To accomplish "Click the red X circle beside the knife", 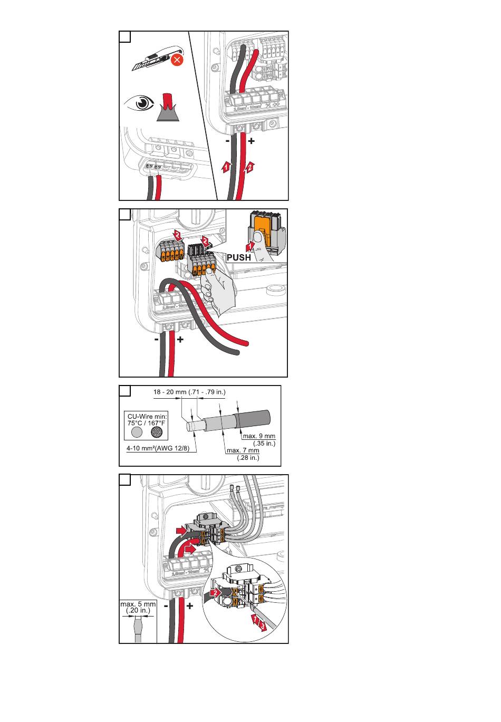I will pos(177,60).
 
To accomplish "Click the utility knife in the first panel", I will pos(153,62).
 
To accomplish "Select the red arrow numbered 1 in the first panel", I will pos(225,167).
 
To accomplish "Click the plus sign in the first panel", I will pos(251,141).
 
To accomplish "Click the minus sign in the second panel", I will pos(157,340).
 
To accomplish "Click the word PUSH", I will pos(238,258).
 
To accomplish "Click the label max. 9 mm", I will pos(259,436).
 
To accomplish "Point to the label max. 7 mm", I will pos(243,451).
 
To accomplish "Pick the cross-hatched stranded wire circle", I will pos(157,432).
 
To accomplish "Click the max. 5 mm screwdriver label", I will pos(138,607).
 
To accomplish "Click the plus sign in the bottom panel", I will pos(189,606).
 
